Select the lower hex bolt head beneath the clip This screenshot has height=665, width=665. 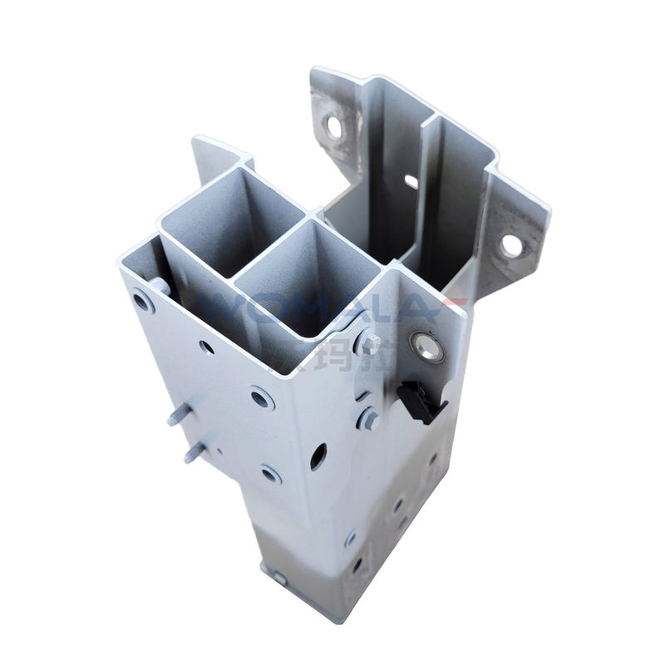(x=367, y=418)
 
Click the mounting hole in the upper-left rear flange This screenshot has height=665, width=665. (x=334, y=126)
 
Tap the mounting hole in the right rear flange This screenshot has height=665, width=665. (x=511, y=245)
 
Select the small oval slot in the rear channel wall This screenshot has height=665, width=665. (x=411, y=181)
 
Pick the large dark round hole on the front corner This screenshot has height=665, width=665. (x=318, y=456)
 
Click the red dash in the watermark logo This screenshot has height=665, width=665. (x=456, y=301)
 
